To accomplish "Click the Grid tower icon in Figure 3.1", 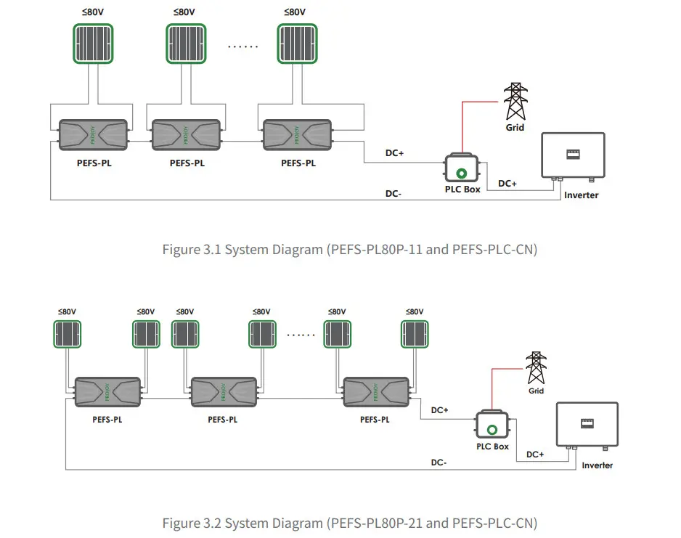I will tap(515, 102).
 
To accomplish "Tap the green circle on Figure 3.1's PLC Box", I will tap(462, 173).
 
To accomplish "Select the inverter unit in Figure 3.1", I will tap(572, 155).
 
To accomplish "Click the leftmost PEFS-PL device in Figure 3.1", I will tap(94, 135).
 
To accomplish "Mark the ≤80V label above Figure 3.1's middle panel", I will tap(184, 12).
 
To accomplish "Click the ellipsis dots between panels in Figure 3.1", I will tap(242, 46).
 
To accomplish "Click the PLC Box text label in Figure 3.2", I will tap(492, 447).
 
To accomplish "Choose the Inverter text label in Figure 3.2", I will tap(597, 465).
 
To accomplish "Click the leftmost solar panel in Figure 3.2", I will tap(68, 335).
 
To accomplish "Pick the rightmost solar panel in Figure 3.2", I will tap(415, 335).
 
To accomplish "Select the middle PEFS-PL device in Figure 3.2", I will tap(222, 392).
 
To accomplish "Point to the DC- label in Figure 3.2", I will tap(439, 462).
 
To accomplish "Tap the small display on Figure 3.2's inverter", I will tap(587, 422).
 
